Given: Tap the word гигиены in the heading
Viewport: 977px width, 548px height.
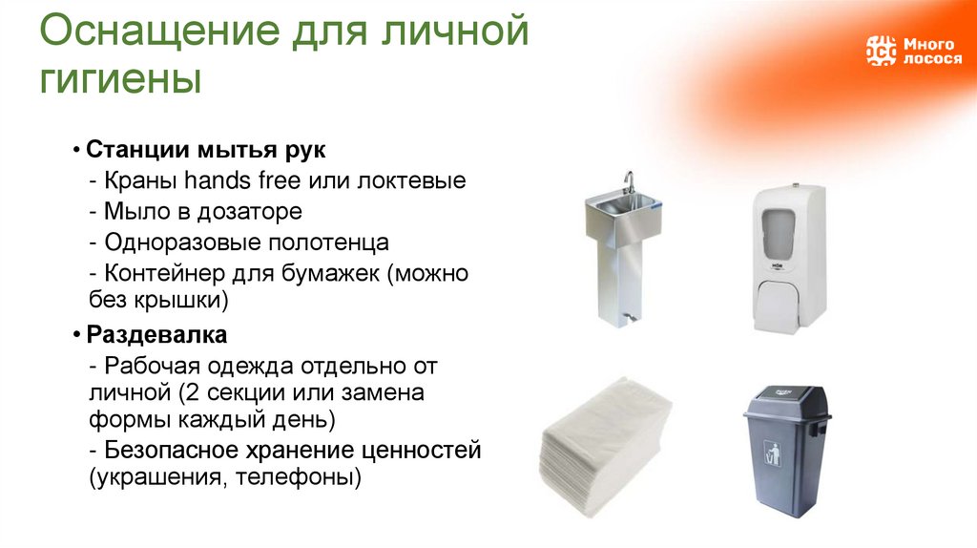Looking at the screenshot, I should pos(120,78).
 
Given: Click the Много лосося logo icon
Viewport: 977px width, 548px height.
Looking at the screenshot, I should pos(881,51).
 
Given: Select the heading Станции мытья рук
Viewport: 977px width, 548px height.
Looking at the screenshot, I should pos(206,151).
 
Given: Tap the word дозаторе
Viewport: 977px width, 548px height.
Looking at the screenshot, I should pos(252,211).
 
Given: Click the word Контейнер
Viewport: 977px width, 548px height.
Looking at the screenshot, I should pos(165,272).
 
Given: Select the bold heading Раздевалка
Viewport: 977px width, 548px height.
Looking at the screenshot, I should pos(156,335).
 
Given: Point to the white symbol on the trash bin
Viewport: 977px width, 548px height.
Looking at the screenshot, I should pos(774,453).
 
